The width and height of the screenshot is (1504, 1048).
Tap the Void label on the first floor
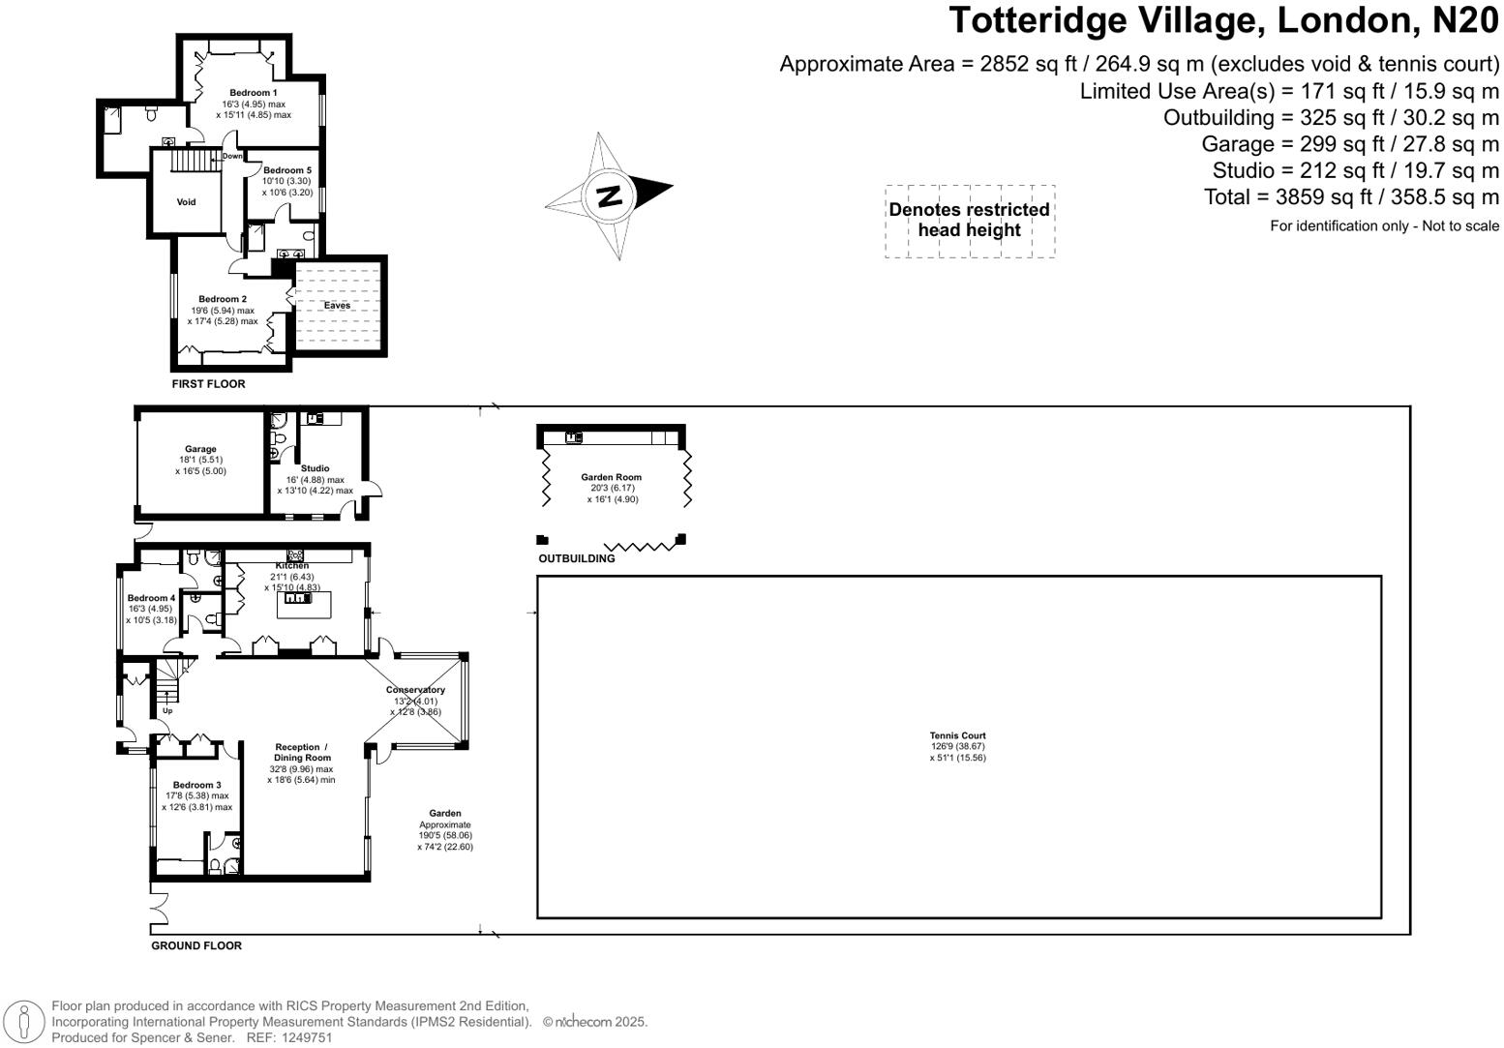[x=186, y=202]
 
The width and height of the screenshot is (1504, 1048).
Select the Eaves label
[x=337, y=306]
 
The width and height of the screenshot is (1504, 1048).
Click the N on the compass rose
[x=609, y=195]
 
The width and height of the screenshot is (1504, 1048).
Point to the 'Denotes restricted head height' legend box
[x=969, y=221]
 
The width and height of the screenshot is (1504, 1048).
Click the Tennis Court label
[x=957, y=735]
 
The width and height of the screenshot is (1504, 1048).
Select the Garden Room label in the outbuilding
[x=611, y=477]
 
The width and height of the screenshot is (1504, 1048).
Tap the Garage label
[x=200, y=449]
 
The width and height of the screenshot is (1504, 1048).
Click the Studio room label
[x=315, y=468]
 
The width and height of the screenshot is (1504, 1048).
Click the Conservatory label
[x=415, y=690]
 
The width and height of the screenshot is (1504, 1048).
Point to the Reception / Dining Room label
[x=301, y=752]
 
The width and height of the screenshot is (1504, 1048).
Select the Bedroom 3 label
[x=196, y=785]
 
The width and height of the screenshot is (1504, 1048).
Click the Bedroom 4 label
[x=151, y=598]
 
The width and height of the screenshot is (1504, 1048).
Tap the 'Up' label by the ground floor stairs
[x=166, y=710]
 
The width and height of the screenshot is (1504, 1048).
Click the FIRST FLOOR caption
[x=208, y=384]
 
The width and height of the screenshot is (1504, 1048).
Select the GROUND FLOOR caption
[x=196, y=945]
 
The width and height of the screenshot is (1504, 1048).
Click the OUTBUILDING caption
[x=576, y=558]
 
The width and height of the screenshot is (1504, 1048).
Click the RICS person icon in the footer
[x=24, y=1023]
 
